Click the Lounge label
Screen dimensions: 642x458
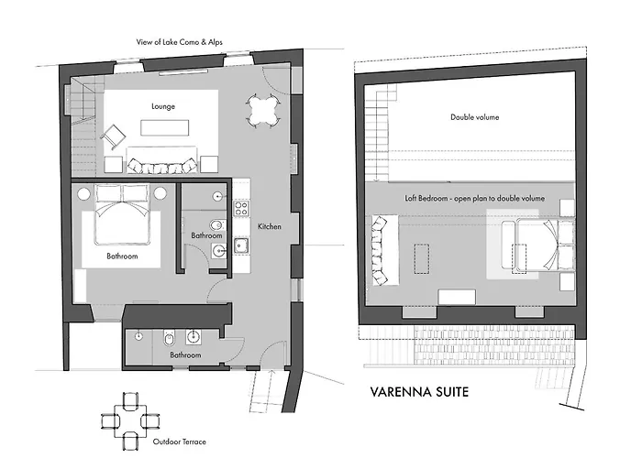point(163,106)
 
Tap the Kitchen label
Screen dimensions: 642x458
point(270,226)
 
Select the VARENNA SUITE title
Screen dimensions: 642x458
point(419,392)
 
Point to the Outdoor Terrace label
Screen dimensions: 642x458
point(180,442)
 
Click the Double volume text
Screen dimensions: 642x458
point(474,117)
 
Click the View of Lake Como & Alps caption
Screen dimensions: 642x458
point(180,42)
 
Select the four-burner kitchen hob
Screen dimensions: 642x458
point(241,208)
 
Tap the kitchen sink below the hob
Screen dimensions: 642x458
point(240,245)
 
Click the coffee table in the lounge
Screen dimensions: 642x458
point(164,127)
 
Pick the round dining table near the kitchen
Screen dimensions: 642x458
point(264,111)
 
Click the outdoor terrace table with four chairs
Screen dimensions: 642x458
point(130,420)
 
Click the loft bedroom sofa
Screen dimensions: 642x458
point(385,250)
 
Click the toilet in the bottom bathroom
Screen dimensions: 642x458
point(169,338)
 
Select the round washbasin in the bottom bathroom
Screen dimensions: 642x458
point(194,337)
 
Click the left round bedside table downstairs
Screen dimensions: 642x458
point(84,193)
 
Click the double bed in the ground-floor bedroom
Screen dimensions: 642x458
point(122,214)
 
